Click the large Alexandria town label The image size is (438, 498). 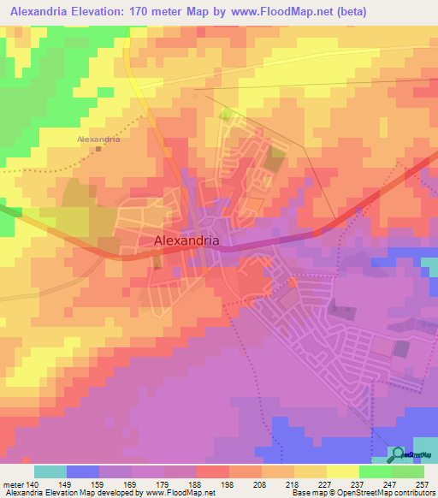click(x=187, y=241)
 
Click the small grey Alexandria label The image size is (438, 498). click(x=98, y=138)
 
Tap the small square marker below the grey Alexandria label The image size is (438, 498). click(x=98, y=148)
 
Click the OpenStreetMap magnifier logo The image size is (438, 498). click(x=398, y=454)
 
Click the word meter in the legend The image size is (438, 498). click(x=13, y=484)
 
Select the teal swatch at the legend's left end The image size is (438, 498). click(x=50, y=471)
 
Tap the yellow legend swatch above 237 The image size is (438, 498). click(x=343, y=471)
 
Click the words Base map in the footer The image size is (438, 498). click(x=309, y=493)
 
